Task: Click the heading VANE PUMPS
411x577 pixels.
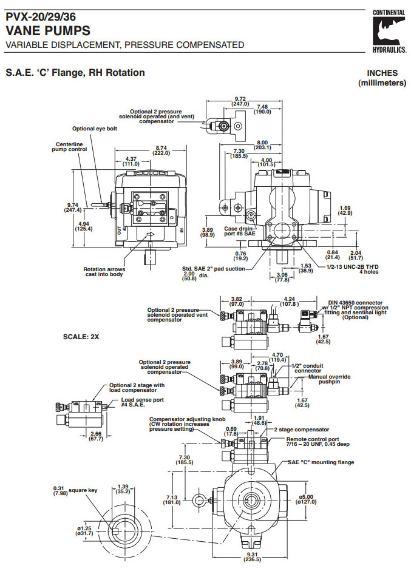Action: [x=48, y=30]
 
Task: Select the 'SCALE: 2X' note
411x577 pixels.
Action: [x=81, y=335]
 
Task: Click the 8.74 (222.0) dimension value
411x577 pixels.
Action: [x=161, y=150]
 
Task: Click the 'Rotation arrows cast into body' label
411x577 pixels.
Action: [x=103, y=272]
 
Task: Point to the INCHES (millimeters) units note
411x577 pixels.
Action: [x=382, y=78]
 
